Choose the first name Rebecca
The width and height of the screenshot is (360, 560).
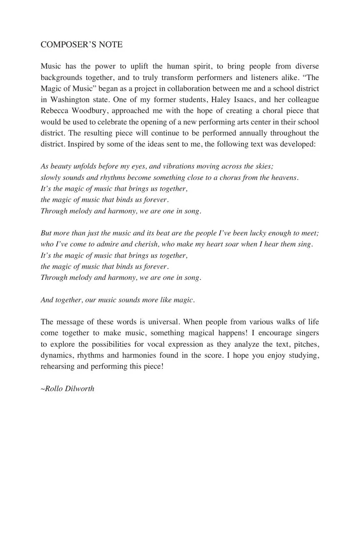(55, 111)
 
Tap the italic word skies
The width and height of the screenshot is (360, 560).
(263, 166)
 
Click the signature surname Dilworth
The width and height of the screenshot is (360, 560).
(80, 389)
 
